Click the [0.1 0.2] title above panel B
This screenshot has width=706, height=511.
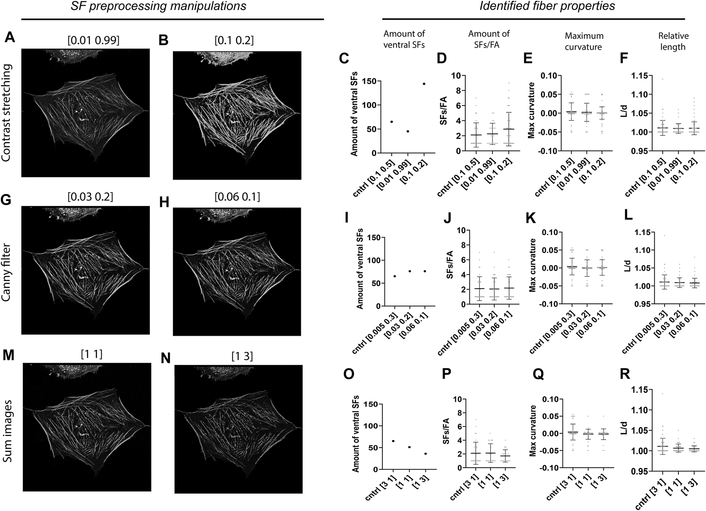click(234, 40)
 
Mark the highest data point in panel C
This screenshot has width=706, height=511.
click(424, 84)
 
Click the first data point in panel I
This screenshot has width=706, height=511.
click(394, 276)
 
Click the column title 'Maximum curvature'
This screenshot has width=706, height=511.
click(584, 41)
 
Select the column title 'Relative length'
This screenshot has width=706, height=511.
click(673, 41)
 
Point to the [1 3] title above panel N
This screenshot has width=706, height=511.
click(242, 356)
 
